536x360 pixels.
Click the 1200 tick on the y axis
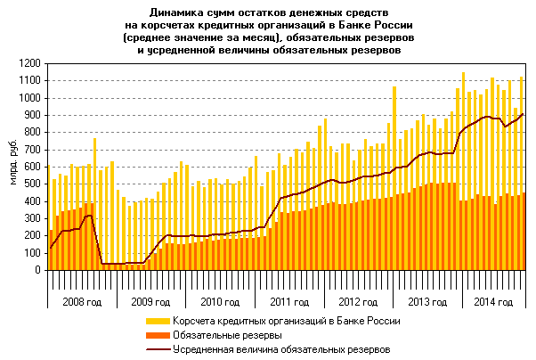pyautogui.click(x=32, y=63)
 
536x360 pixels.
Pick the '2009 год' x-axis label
pyautogui.click(x=147, y=302)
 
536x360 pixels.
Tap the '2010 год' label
pyautogui.click(x=216, y=302)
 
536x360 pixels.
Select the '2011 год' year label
pyautogui.click(x=286, y=302)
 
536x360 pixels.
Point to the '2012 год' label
pyautogui.click(x=355, y=302)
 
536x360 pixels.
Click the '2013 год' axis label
pyautogui.click(x=425, y=302)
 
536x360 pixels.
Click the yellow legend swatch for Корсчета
pyautogui.click(x=158, y=321)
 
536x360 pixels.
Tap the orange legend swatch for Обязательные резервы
pyautogui.click(x=158, y=335)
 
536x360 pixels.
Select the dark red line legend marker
pyautogui.click(x=158, y=349)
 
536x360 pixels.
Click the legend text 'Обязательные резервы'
pyautogui.click(x=227, y=335)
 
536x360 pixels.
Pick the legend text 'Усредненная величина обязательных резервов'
pyautogui.click(x=281, y=349)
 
